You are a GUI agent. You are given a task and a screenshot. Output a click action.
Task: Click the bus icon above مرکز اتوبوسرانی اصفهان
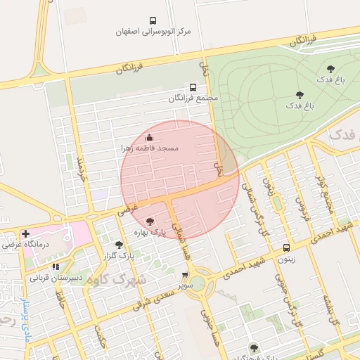(153, 21)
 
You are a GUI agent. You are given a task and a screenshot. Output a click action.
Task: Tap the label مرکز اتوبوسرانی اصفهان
(154, 32)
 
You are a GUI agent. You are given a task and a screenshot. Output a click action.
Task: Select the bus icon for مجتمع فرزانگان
(193, 87)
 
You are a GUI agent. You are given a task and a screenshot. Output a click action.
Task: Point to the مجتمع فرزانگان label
(193, 98)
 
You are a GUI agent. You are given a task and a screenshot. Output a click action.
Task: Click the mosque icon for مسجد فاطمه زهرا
(148, 138)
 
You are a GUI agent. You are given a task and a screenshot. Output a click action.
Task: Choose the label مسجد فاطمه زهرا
(148, 148)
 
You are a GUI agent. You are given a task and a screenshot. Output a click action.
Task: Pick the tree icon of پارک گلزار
(119, 245)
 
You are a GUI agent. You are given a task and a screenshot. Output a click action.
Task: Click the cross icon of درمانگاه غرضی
(26, 233)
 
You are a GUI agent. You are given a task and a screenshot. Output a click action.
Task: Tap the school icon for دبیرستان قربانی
(55, 266)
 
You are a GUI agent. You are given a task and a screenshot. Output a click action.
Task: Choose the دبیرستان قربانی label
(56, 277)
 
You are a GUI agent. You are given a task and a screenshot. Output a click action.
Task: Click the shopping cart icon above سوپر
(185, 276)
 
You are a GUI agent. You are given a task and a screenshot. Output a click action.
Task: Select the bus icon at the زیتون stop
(286, 247)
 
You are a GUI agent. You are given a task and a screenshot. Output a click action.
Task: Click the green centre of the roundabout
(197, 283)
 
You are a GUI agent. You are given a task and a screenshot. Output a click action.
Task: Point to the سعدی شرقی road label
(152, 295)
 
